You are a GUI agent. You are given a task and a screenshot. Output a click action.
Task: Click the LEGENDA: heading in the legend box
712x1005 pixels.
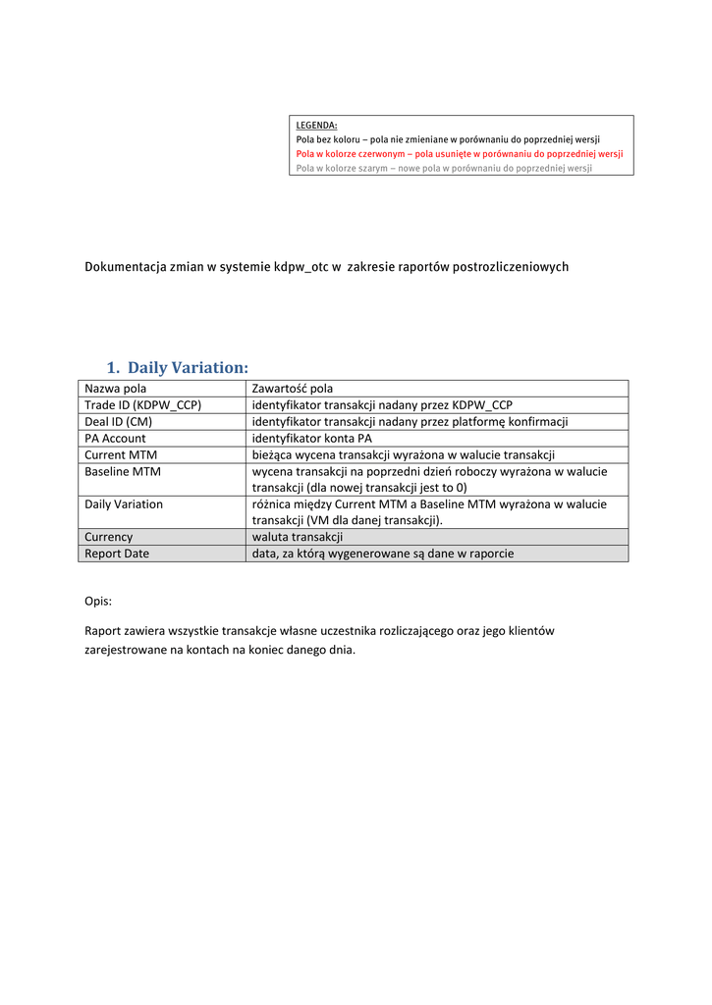(316, 125)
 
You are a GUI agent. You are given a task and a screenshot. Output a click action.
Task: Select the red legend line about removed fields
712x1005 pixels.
(459, 154)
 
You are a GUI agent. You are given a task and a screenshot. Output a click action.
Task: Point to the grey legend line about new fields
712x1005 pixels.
(444, 168)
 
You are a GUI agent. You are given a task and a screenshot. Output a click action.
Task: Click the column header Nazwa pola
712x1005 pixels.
(115, 389)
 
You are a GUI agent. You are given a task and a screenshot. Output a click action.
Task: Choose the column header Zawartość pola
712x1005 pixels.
(292, 389)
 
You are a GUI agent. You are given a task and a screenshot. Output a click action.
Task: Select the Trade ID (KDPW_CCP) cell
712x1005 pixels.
(142, 405)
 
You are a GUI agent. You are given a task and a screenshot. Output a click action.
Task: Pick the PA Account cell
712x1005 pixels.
(115, 439)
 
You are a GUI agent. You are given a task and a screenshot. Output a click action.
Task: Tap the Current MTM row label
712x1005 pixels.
(120, 454)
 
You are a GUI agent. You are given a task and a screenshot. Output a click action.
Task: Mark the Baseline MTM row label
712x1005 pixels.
(122, 471)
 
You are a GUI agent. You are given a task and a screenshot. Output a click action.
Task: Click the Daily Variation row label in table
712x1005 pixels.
(124, 504)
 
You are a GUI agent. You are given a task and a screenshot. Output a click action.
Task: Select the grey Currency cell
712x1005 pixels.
(108, 537)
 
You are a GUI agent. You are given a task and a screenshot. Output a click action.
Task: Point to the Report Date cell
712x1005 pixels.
(117, 554)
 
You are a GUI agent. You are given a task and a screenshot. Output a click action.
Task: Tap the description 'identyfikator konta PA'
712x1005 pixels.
(312, 439)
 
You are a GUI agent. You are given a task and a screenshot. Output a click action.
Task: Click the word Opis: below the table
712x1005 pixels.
(98, 600)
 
